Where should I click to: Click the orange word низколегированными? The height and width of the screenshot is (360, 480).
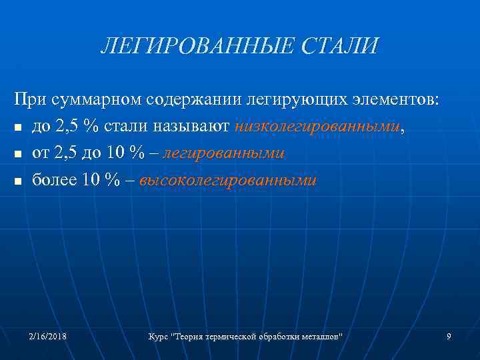319,126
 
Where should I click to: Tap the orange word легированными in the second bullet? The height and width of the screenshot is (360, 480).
223,153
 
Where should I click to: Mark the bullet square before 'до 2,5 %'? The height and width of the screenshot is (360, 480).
18,127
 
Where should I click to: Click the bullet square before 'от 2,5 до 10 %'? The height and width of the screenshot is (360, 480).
18,155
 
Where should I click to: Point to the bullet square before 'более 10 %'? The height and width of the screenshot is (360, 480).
18,182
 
